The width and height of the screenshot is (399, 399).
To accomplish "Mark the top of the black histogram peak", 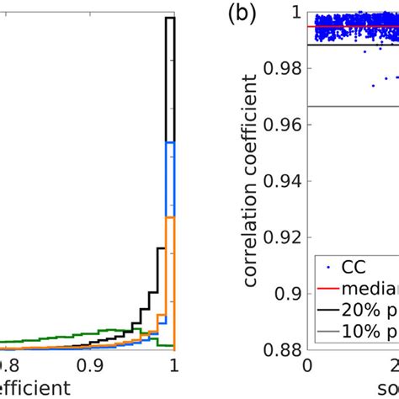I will pyautogui.click(x=169, y=18).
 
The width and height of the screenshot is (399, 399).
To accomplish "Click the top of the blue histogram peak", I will pyautogui.click(x=169, y=143).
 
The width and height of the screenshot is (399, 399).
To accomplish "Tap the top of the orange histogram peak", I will pyautogui.click(x=169, y=217).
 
